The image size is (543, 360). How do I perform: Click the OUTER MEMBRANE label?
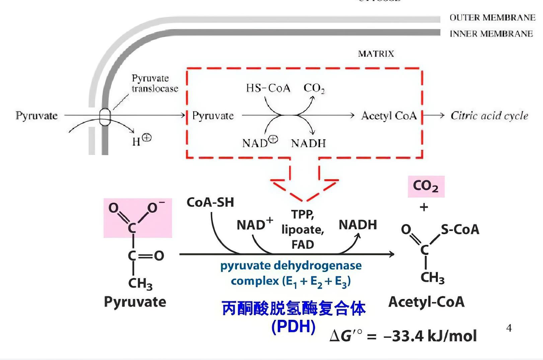(492, 17)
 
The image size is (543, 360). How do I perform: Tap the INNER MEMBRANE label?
(491, 34)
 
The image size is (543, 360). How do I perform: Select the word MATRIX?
(376, 54)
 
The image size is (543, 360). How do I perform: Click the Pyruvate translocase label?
(155, 83)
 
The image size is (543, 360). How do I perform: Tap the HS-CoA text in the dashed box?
(268, 88)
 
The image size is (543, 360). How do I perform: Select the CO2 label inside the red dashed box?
(314, 88)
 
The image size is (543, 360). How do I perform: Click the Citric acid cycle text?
(489, 116)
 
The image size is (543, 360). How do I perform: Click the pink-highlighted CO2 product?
(426, 186)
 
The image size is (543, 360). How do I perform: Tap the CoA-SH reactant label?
(210, 202)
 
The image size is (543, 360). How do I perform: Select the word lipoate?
(303, 230)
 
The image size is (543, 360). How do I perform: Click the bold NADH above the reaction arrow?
(358, 225)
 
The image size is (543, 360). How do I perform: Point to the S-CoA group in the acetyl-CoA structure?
(460, 230)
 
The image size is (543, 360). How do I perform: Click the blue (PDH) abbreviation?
(293, 326)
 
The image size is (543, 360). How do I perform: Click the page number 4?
(509, 328)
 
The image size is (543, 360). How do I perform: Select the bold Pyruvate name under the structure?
(135, 302)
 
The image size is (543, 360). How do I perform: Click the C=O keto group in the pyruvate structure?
(146, 256)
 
